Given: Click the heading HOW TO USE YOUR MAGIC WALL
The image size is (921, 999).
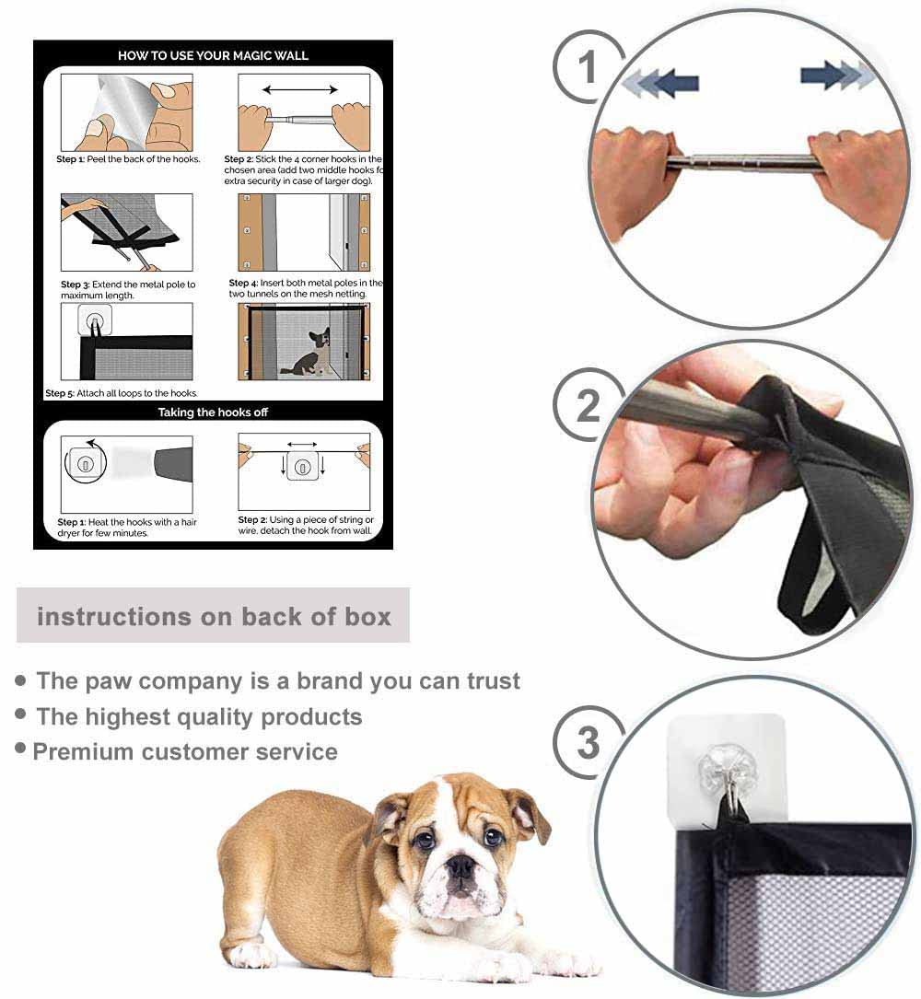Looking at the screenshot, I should (x=213, y=55).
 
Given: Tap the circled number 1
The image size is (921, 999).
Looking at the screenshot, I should (x=588, y=67).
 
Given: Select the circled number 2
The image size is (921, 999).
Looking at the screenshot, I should (x=588, y=405).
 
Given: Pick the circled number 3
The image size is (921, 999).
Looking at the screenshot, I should (x=588, y=743).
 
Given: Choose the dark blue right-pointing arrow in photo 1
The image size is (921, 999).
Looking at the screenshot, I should (x=821, y=74).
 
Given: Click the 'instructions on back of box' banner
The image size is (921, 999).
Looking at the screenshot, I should (x=214, y=616).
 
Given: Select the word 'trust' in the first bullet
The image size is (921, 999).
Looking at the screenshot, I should (x=488, y=681).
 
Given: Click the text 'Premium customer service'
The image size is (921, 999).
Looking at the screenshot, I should (x=185, y=751).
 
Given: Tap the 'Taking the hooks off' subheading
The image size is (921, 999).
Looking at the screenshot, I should (x=213, y=412).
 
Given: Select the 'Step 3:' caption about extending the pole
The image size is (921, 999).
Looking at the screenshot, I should (x=128, y=290).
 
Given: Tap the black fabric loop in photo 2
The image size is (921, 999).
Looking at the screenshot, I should (x=829, y=534).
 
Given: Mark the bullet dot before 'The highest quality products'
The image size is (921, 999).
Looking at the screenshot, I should (x=20, y=714).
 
